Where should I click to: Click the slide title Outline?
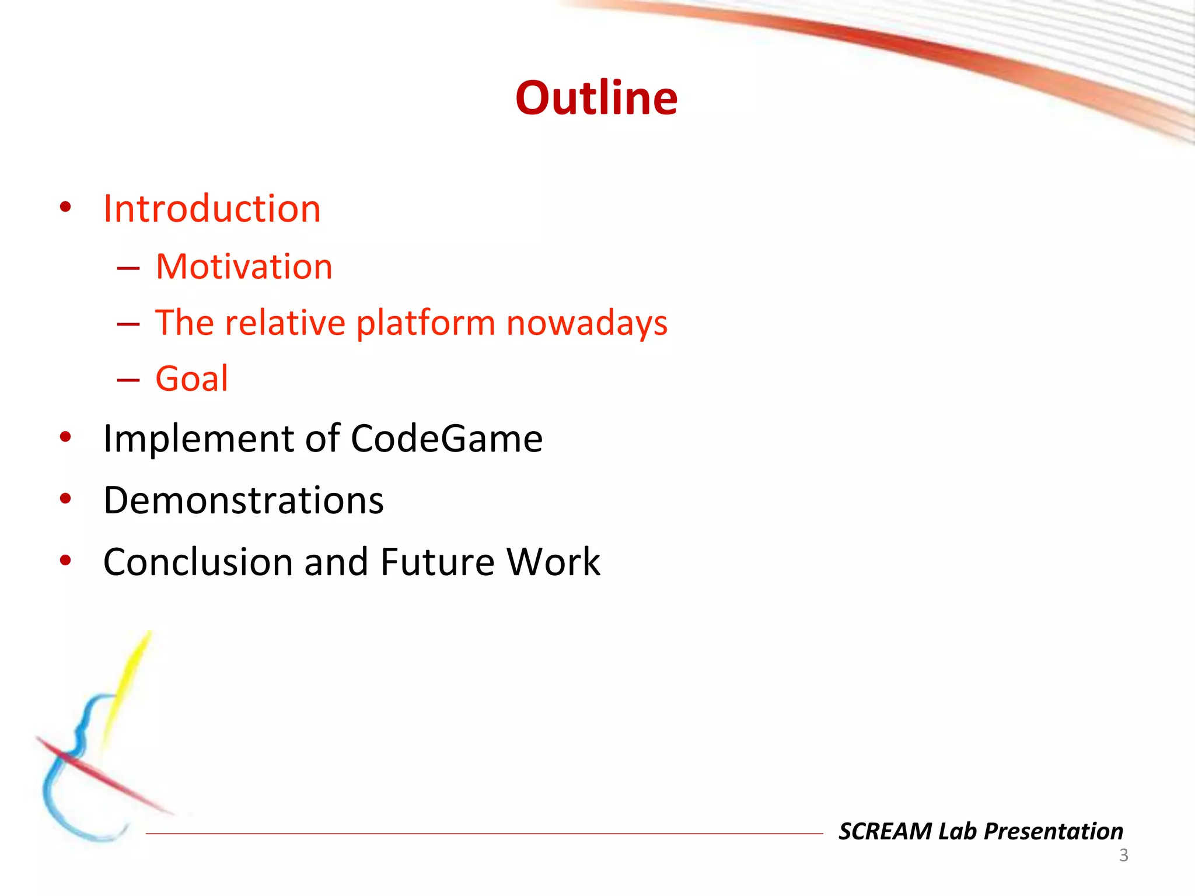(x=596, y=98)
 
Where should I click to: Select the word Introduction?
(x=212, y=209)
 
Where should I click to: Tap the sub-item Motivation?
(x=244, y=267)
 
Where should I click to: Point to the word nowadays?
(x=586, y=323)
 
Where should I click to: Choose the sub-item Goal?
(x=191, y=379)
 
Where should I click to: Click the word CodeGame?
(x=446, y=439)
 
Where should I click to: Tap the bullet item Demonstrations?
(x=243, y=501)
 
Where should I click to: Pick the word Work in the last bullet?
(x=553, y=562)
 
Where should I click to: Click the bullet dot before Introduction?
(x=65, y=207)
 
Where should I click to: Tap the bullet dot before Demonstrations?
(x=65, y=499)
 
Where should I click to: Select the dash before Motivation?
(x=128, y=268)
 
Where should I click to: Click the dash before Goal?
(x=128, y=380)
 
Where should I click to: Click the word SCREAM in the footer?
(x=885, y=831)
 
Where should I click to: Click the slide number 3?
(x=1123, y=856)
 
